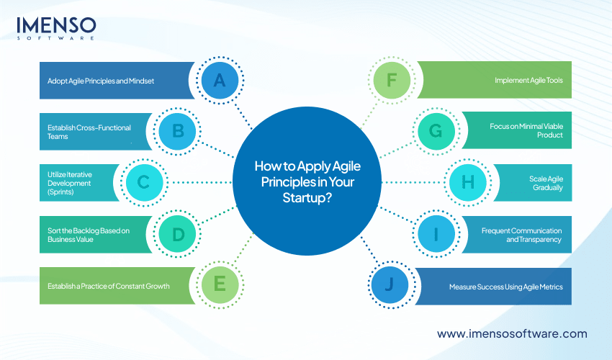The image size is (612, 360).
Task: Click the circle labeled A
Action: tap(220, 80)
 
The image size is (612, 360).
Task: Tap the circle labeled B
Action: tap(177, 131)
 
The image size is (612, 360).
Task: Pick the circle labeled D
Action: tap(177, 234)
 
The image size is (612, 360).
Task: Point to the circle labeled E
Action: tap(220, 285)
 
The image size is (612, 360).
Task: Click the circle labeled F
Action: tap(392, 80)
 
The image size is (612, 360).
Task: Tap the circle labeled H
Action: tap(467, 182)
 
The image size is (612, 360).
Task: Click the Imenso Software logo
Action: tap(56, 28)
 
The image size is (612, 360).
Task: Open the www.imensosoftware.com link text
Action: tap(512, 334)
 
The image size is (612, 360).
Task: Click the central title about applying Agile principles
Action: tap(306, 182)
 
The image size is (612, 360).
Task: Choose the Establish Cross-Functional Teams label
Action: tap(84, 131)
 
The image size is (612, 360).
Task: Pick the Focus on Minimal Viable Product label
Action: tap(525, 131)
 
